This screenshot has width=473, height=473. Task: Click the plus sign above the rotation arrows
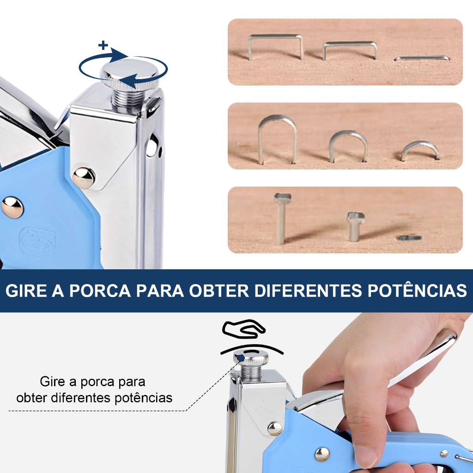pos(103,45)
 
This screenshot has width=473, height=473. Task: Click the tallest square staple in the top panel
pos(275,46)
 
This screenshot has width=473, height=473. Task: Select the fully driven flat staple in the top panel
pos(422,58)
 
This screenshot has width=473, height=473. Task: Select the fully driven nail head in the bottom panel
pos(409,238)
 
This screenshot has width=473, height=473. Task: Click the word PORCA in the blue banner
pos(100,291)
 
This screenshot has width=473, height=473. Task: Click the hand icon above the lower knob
pos(244,329)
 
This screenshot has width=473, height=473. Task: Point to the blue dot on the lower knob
pos(241,358)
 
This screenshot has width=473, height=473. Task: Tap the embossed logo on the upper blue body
pos(37,242)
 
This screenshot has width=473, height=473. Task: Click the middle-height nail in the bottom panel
pos(355,226)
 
